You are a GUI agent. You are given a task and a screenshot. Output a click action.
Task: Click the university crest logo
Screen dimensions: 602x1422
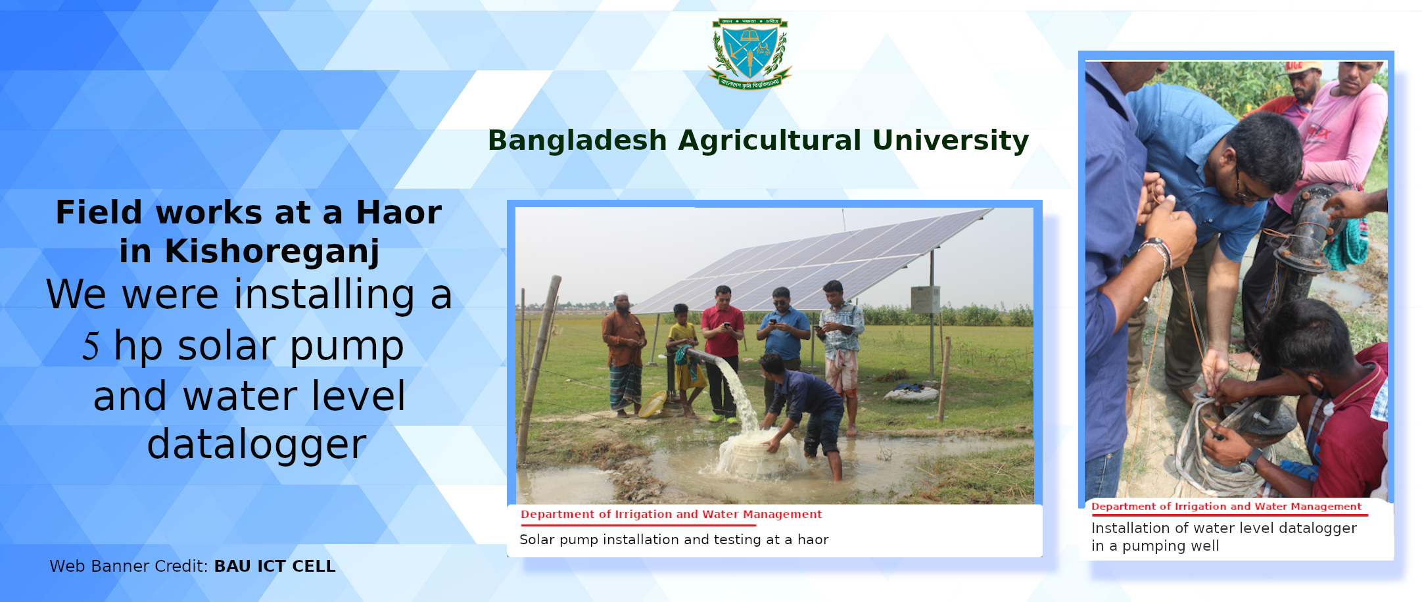749,53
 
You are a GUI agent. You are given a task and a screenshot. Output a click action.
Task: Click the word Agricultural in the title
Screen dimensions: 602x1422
770,141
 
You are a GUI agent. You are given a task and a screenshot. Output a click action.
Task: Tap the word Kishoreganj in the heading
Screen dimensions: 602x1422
272,251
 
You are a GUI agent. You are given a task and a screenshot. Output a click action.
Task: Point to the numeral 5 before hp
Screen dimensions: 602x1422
91,346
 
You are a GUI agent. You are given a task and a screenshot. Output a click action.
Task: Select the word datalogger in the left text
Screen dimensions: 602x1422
256,445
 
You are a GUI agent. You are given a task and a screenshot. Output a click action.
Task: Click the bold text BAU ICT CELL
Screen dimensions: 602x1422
275,566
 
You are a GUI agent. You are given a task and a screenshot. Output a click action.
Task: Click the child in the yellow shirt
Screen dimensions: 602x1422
684,355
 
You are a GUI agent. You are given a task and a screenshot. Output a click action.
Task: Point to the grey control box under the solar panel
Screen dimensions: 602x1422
924,299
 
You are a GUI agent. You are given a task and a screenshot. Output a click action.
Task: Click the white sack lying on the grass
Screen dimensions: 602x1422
911,394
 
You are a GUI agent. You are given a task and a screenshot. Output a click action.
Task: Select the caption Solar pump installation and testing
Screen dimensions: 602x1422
674,540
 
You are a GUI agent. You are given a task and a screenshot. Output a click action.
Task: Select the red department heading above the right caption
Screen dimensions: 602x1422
1226,506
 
